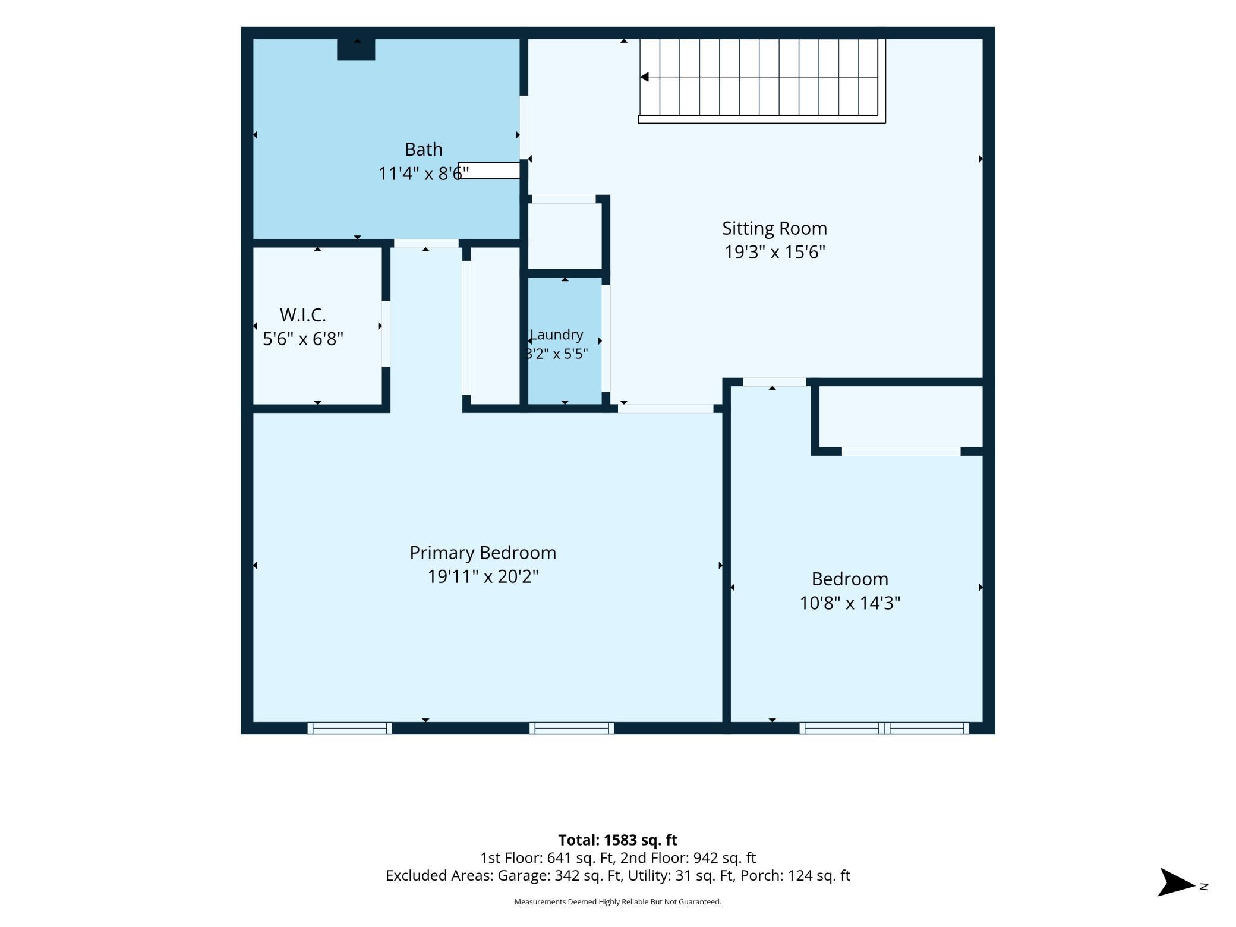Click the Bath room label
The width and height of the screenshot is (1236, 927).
[423, 149]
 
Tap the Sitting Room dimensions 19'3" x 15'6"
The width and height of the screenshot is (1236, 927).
[774, 252]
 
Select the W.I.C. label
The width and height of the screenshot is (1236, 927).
[303, 314]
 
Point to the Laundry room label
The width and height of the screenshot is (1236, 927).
[557, 335]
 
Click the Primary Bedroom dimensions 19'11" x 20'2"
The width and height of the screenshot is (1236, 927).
[483, 576]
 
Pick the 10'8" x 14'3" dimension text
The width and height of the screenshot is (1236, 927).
[850, 603]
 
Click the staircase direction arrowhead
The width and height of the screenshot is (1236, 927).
[644, 77]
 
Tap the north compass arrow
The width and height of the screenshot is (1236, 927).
[1176, 882]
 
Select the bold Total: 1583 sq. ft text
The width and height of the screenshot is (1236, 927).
[617, 840]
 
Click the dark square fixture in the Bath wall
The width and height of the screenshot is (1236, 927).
[356, 49]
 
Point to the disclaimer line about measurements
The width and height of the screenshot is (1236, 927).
[617, 902]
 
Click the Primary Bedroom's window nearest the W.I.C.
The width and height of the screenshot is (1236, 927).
[349, 728]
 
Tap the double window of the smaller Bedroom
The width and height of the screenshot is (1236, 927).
[884, 728]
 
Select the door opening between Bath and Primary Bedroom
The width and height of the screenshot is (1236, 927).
[426, 243]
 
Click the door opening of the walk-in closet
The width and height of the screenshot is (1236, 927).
[386, 333]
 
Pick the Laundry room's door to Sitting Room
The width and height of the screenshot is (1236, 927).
[606, 339]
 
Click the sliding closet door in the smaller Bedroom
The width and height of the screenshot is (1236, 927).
[901, 452]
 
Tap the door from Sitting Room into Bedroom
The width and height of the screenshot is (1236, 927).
[774, 382]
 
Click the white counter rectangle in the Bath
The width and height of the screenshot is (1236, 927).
[489, 171]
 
